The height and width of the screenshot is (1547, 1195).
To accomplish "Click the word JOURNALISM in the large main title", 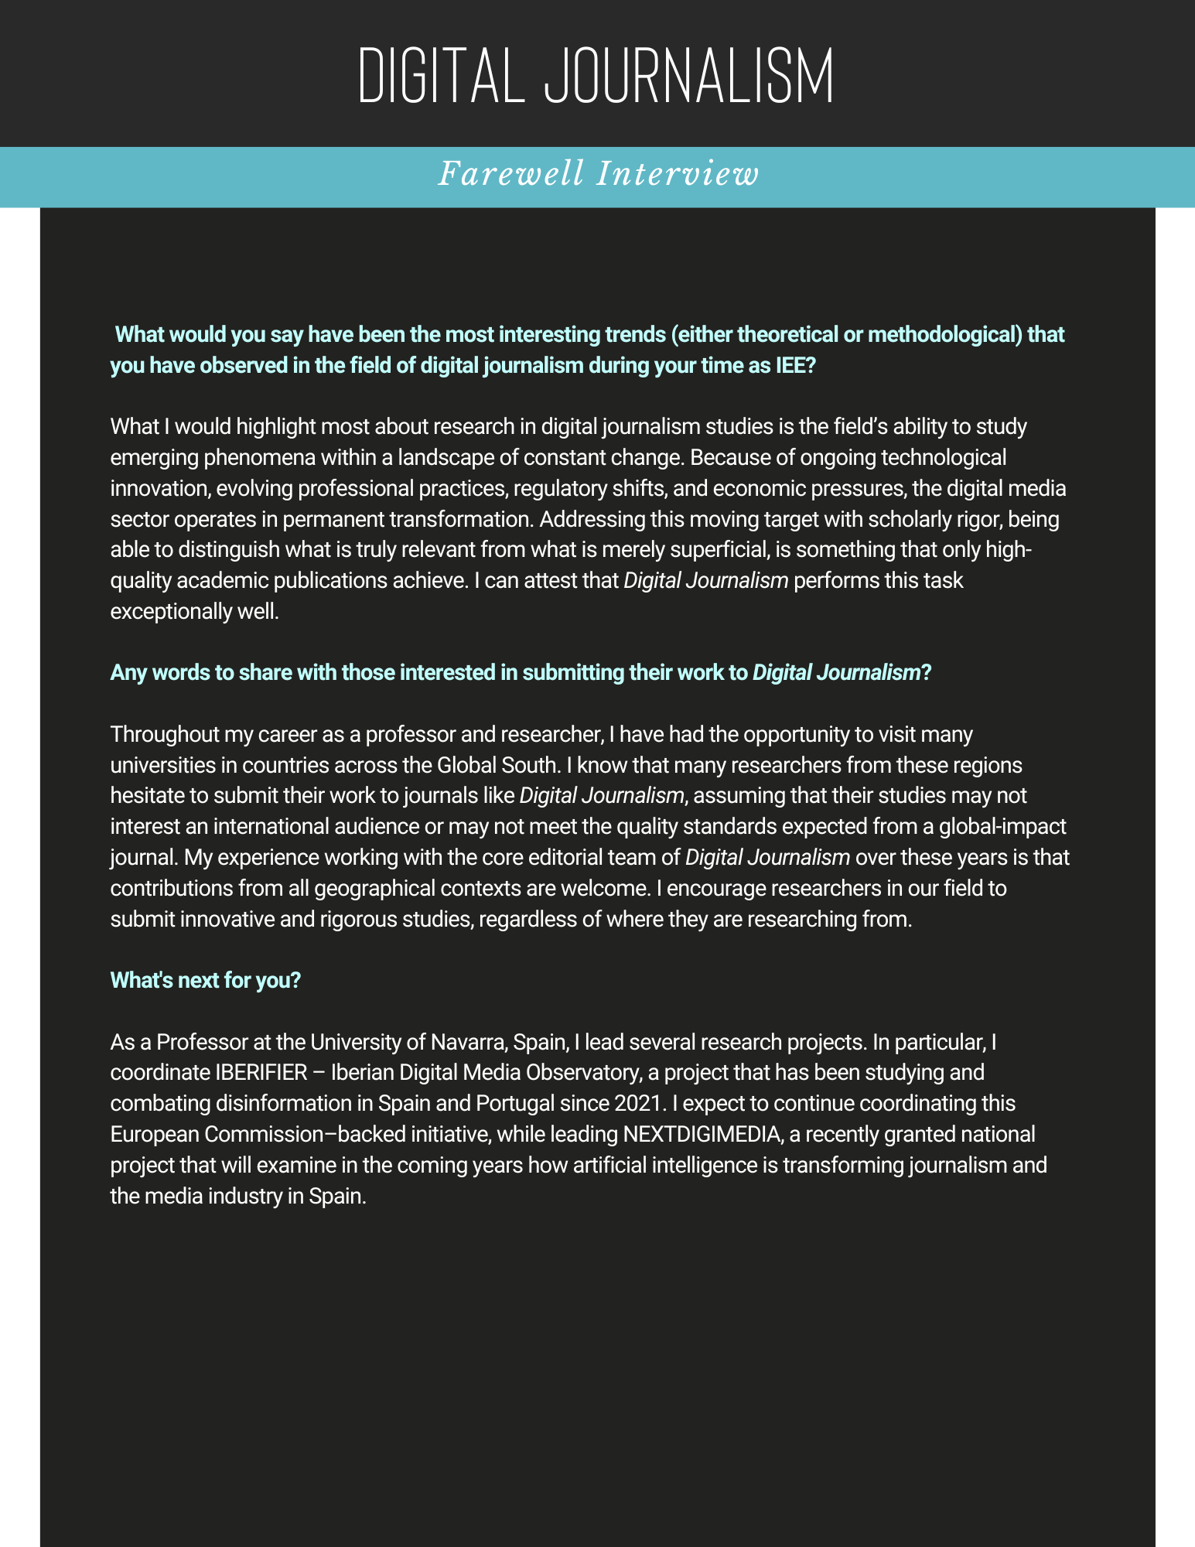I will pos(689,77).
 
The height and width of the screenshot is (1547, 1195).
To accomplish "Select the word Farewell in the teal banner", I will pos(511,174).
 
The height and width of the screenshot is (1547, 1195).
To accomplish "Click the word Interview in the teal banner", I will pos(678,174).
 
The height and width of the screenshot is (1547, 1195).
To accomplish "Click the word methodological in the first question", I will pos(942,335).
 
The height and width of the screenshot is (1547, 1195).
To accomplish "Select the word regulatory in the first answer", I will pos(565,489).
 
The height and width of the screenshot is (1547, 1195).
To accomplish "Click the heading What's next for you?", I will pos(205,980).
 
